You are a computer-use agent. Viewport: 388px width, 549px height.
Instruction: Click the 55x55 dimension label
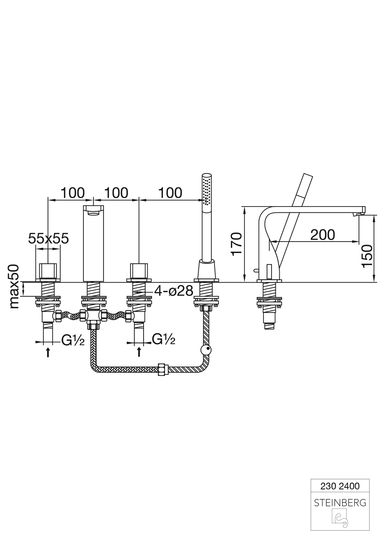point(48,238)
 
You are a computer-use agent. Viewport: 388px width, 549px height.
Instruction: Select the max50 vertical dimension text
point(14,286)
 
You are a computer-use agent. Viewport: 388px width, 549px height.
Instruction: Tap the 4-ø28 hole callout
point(174,291)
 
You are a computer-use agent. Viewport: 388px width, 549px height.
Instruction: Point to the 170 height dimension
point(237,244)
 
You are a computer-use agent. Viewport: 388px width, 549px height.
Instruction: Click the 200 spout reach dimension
point(322,235)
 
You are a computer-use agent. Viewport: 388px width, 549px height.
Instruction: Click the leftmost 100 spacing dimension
point(73,193)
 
